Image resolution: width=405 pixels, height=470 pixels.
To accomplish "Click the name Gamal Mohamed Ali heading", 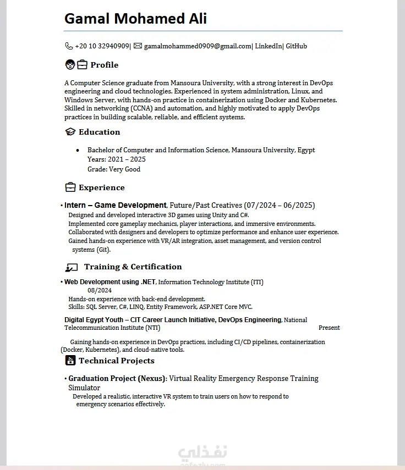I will coord(135,19).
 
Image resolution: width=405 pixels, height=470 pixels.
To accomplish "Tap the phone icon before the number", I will coord(69,46).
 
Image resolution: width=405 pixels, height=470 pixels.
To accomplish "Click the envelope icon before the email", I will coord(138,46).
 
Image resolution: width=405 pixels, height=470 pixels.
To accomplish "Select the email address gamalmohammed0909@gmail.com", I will coord(198,46).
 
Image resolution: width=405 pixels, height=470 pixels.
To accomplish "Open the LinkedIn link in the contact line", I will coord(269,46).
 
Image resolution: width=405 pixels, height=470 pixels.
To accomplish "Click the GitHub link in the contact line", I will coord(296,46).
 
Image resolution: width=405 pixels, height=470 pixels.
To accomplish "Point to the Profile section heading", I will coord(104,65).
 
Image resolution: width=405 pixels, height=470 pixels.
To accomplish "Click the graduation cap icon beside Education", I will coord(70,132).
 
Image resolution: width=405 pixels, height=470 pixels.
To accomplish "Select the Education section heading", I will coord(99,132).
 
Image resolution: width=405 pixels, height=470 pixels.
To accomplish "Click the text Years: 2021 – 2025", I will coord(117,159).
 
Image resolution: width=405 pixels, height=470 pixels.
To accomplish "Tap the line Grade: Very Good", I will coord(114,169).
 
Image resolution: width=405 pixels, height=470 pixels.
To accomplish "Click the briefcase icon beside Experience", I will coord(70,187).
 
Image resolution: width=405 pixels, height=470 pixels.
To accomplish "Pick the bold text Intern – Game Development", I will coord(115,205).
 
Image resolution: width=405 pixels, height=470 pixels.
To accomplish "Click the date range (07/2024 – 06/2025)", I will coord(280,205).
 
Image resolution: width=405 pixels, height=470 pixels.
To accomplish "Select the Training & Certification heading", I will coord(133,267).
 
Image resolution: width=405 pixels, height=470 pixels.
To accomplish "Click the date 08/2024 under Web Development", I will coord(100,290).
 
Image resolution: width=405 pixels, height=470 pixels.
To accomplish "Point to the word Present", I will coord(329,328).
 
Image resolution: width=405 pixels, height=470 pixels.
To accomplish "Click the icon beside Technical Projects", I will coord(70,361).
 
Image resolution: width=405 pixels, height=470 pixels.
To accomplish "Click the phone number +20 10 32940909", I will coord(102,46).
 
